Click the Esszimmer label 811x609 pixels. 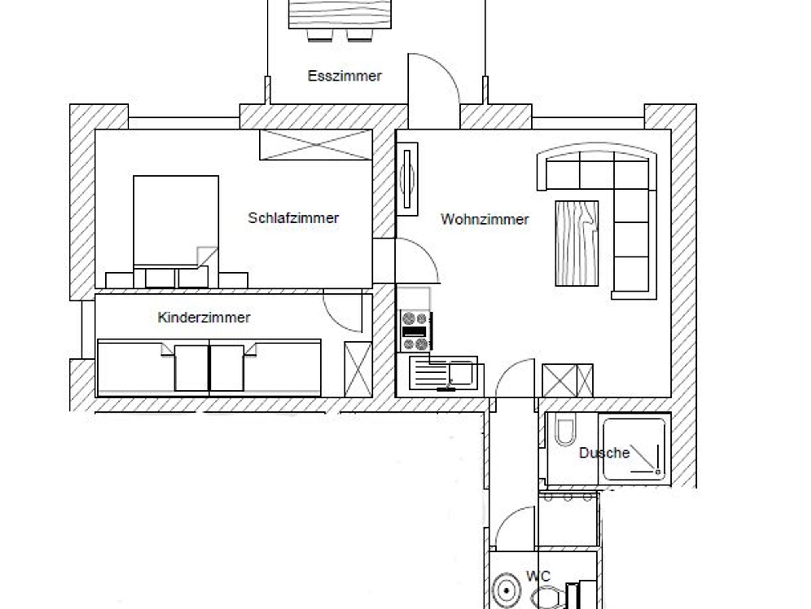345,76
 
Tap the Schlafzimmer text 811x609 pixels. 293,218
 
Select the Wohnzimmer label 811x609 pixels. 485,219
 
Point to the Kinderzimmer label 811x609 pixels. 204,317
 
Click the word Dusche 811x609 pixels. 604,453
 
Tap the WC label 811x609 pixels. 538,576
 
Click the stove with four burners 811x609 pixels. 416,331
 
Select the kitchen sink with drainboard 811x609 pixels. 444,373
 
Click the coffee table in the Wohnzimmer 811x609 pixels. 577,243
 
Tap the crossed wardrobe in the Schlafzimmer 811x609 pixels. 316,145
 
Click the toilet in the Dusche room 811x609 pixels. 565,430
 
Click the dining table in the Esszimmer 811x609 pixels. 340,14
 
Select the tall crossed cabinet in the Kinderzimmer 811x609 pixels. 358,369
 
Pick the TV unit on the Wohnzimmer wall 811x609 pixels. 407,179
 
